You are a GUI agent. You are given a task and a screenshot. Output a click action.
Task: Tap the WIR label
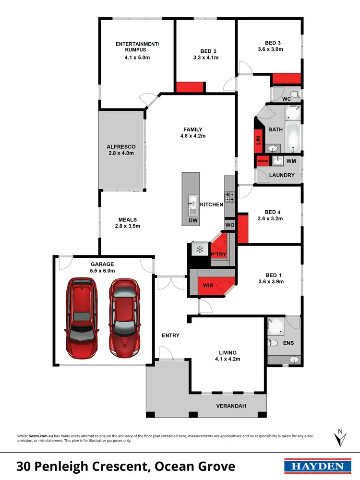(208, 286)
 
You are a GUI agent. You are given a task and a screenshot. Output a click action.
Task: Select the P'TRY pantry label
(218, 255)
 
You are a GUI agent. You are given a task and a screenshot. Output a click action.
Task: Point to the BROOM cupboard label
(263, 161)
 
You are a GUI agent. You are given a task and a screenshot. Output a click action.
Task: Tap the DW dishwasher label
(192, 221)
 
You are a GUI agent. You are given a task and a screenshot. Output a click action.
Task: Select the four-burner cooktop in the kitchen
(230, 196)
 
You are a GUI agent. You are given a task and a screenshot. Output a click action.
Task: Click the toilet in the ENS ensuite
(274, 343)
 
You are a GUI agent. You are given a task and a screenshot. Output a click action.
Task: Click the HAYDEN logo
(314, 466)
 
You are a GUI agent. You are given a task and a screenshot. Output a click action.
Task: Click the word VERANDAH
(231, 406)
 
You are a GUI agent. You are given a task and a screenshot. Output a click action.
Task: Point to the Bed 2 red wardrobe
(191, 87)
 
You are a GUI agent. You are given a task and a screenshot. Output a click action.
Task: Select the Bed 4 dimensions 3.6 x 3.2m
(270, 218)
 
